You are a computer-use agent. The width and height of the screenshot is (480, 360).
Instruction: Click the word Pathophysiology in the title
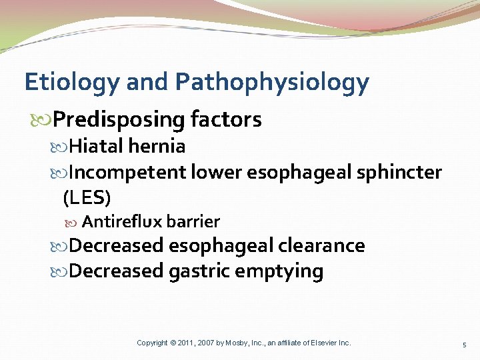point(271,83)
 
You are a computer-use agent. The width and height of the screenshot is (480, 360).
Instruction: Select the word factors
point(226,120)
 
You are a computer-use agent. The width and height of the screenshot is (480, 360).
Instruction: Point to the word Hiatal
point(97,146)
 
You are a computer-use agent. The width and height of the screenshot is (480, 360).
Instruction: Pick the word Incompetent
point(127,173)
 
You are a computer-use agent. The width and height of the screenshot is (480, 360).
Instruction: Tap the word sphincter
point(401,173)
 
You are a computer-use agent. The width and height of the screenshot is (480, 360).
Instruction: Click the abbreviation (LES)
point(86,198)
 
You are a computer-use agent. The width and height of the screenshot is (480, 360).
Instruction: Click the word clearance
point(322,245)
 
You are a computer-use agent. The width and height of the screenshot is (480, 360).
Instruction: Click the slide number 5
point(465,344)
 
